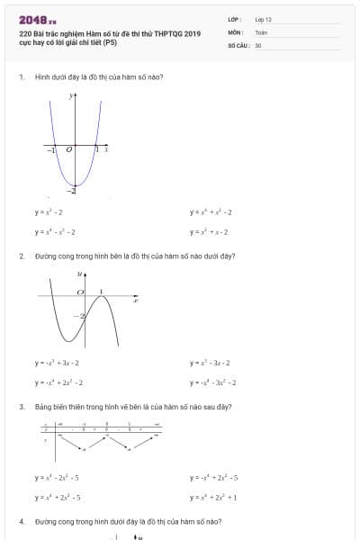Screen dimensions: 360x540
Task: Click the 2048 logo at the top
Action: tap(35, 19)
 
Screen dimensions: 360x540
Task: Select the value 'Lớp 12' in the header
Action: tap(263, 19)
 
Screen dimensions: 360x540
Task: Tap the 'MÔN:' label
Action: tap(236, 31)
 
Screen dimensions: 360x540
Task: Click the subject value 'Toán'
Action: tap(261, 31)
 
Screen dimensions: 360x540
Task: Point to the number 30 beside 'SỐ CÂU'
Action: tap(258, 44)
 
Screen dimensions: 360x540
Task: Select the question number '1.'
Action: tap(22, 77)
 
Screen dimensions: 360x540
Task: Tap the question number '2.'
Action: tap(22, 256)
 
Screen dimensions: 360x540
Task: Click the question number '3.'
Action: tap(22, 407)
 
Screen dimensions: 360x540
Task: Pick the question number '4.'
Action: tap(22, 521)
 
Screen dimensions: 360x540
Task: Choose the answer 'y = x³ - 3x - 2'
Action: tap(211, 363)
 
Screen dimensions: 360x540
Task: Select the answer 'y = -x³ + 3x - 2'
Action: tap(58, 363)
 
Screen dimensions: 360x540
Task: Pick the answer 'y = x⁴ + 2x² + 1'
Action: tap(212, 497)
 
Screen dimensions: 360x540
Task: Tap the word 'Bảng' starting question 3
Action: tap(42, 407)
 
